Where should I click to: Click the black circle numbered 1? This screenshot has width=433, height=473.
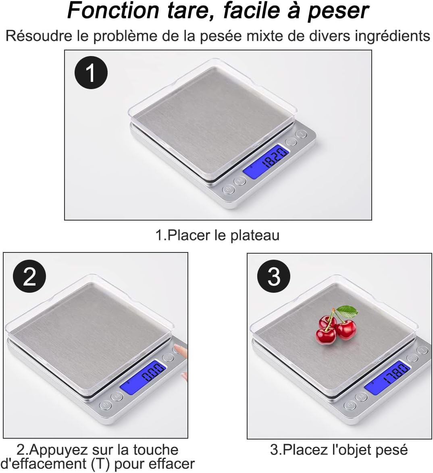(91, 73)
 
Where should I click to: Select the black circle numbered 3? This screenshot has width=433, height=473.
(274, 277)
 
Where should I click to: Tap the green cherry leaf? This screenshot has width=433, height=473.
(348, 311)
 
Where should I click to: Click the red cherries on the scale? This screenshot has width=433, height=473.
(335, 330)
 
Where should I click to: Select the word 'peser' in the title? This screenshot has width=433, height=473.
(338, 11)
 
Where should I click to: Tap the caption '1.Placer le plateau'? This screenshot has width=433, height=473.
(217, 235)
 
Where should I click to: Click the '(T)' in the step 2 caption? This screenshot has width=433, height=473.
(99, 464)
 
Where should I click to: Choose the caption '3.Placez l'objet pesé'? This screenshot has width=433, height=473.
(339, 449)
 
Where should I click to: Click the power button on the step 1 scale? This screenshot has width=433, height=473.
(228, 189)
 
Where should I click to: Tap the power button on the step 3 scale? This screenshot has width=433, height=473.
(350, 405)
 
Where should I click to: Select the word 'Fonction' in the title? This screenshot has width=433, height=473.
(113, 11)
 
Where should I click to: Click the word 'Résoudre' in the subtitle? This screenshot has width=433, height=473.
(39, 36)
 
